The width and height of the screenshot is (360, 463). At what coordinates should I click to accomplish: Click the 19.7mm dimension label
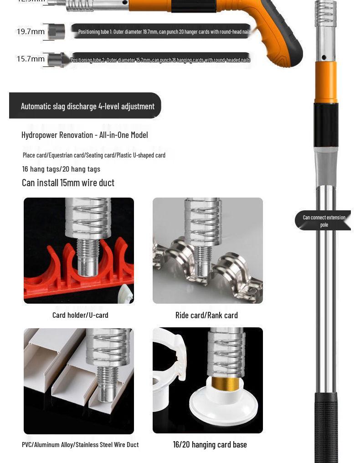coord(31,31)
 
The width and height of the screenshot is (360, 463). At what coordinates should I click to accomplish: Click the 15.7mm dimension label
coord(31,59)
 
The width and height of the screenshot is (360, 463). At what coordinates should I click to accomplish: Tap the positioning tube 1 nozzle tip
coord(57,31)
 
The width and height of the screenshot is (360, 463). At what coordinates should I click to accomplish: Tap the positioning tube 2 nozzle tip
coord(57,60)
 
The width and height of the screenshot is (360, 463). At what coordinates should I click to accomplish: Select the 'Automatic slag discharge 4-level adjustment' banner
coord(87,106)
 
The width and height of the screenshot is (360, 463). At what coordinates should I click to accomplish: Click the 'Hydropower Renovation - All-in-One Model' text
coord(84,135)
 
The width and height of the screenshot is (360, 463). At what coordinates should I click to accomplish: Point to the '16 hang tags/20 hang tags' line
coord(61,169)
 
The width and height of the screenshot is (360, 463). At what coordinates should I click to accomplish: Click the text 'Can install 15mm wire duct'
coord(68,183)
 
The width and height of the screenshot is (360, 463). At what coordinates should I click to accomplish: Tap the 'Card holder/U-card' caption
coord(80,315)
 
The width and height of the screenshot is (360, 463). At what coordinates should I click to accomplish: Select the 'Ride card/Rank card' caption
coord(206,315)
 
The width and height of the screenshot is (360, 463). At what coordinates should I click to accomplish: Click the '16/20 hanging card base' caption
coord(210,444)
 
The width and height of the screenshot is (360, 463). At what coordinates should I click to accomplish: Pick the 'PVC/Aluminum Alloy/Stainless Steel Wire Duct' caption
coord(80,444)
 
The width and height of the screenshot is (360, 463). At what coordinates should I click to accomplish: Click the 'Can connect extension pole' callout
coord(324,221)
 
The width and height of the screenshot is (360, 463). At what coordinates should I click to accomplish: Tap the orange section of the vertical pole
coord(326,82)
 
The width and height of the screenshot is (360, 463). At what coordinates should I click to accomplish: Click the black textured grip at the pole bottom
coord(326,428)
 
